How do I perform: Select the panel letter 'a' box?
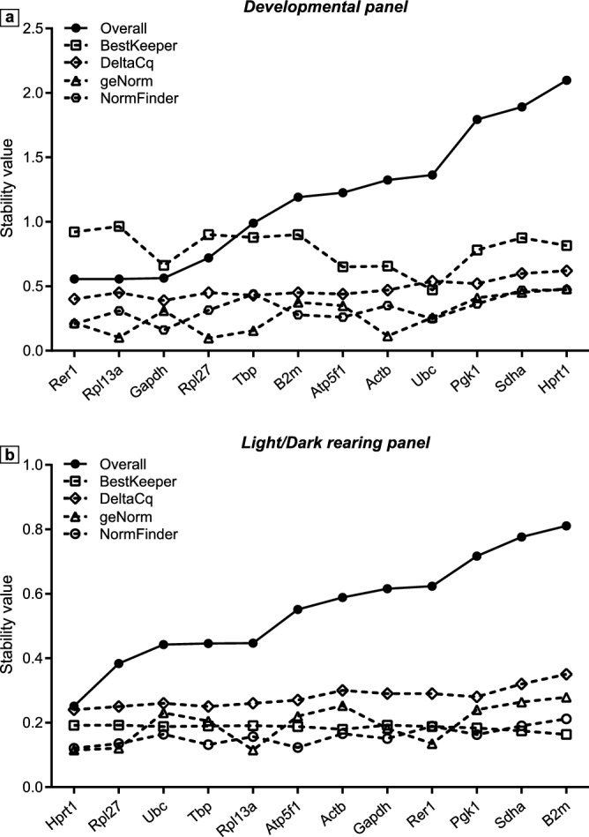point(10,10)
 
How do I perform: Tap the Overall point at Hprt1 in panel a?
point(567,79)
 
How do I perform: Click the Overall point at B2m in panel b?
point(567,526)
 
